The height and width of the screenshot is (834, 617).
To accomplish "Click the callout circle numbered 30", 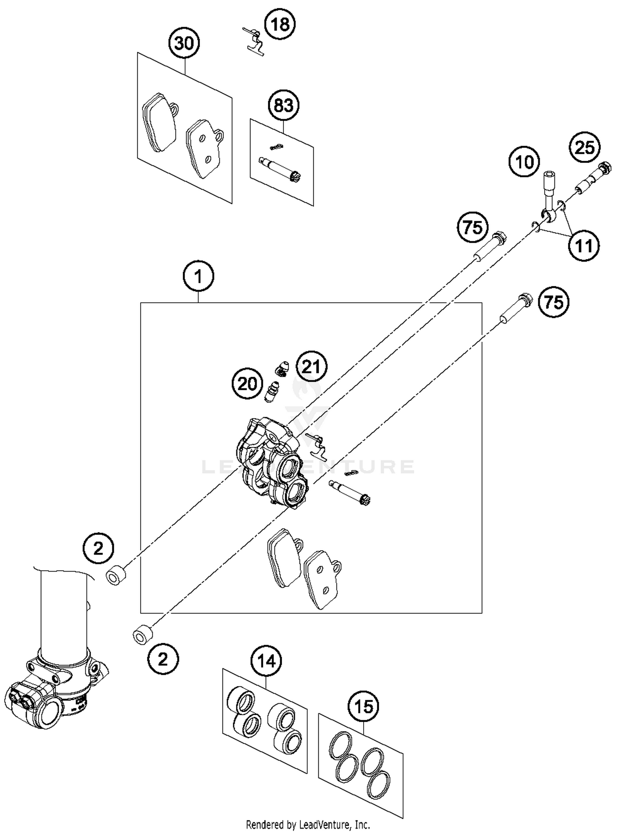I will [x=184, y=43].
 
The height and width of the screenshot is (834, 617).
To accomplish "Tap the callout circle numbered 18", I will [x=280, y=24].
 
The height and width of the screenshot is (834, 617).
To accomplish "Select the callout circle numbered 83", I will [x=283, y=106].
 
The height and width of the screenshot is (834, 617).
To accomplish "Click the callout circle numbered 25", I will [x=585, y=147].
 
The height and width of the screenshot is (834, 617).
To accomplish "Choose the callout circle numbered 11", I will [x=584, y=246].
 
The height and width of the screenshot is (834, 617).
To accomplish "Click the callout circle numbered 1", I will [x=198, y=276].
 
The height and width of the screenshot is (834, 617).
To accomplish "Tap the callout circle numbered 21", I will [x=311, y=366].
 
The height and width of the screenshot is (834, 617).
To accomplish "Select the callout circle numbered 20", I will [x=247, y=384].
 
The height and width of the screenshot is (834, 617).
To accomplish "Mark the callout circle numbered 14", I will [x=266, y=661].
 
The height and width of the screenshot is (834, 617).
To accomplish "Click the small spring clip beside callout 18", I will [x=253, y=40].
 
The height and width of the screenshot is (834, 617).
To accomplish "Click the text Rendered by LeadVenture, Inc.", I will [x=308, y=825].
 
